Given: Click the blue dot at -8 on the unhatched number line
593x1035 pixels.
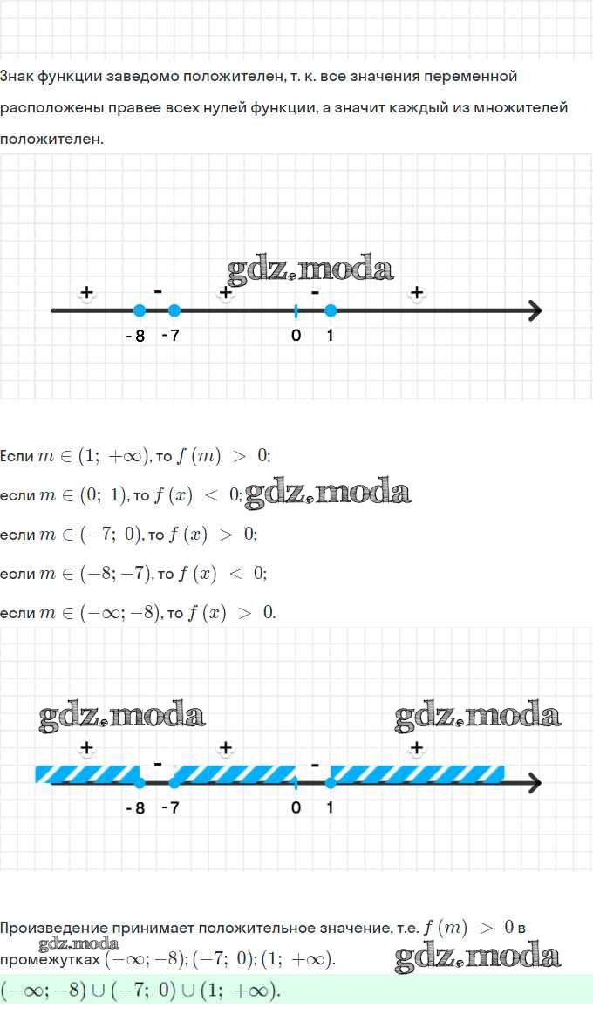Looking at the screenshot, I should tap(140, 310).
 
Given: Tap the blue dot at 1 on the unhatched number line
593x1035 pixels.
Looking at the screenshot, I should tap(331, 310).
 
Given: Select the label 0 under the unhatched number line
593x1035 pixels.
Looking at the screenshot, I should tap(296, 336).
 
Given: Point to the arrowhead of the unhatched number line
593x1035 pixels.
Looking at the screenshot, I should tap(535, 310).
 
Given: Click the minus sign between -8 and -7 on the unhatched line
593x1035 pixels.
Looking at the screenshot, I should tap(158, 290).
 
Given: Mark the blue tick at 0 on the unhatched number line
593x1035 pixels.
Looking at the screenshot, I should tap(296, 310).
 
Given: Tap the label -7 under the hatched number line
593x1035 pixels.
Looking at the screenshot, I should tap(170, 808).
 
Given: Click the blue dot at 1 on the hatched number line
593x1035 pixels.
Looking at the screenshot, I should tap(331, 783).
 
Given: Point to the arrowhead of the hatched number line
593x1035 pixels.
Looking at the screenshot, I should tap(535, 783).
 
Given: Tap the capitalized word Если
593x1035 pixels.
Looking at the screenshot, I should tap(17, 456).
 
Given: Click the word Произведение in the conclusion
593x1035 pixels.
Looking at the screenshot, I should tap(54, 928).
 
